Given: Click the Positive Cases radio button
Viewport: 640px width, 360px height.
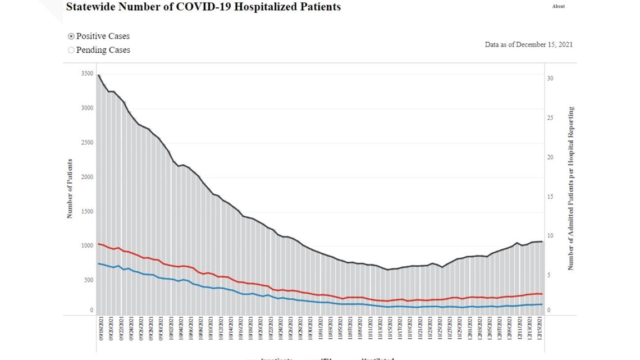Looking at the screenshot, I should (71, 36).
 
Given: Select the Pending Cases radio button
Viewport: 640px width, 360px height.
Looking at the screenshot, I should (71, 50).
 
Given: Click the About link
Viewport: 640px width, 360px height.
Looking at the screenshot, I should (558, 7).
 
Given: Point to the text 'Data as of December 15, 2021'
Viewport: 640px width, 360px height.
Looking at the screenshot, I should (528, 44).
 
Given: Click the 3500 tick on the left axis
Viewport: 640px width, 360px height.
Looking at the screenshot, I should (87, 74).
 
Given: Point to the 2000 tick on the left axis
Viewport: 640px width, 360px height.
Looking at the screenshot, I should (87, 177).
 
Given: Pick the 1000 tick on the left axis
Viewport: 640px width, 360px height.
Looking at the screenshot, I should (87, 246).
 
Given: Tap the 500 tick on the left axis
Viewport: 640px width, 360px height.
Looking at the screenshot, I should (88, 280).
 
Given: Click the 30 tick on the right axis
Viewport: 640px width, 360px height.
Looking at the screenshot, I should (550, 79).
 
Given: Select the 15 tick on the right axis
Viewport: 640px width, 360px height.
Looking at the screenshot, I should (550, 197).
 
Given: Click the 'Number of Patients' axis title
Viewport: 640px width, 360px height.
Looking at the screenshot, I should (70, 188).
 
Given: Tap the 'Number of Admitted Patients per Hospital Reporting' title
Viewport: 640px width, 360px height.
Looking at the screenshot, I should (570, 188).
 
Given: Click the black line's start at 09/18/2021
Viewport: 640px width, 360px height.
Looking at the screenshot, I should (99, 75).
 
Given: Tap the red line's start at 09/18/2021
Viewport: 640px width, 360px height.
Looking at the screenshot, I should (99, 244).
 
